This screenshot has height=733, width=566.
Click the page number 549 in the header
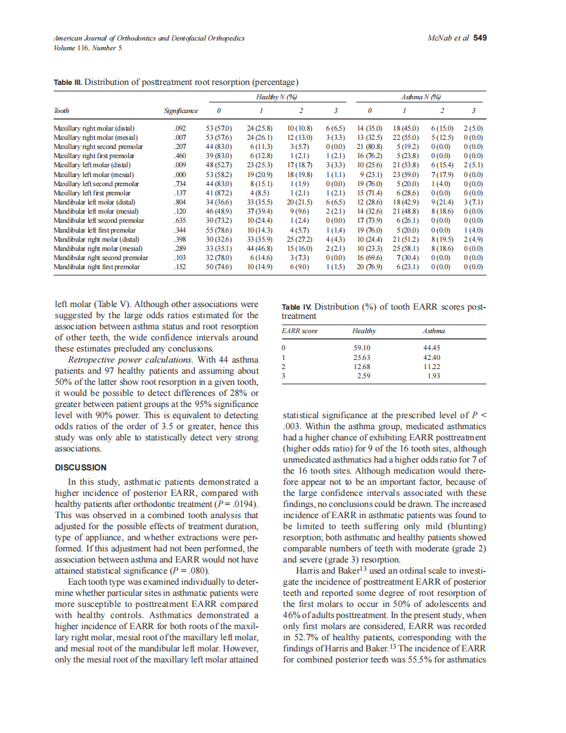pos(480,37)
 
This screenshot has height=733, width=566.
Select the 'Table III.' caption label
pos(68,83)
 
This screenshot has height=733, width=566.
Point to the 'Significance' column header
pos(181,111)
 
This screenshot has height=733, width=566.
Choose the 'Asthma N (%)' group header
pos(420,97)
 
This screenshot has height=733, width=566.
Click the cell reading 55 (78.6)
pos(219,230)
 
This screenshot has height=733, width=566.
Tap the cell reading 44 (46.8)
pos(260,248)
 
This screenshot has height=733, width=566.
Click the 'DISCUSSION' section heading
pos(80,467)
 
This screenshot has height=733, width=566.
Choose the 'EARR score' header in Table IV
pos(299,331)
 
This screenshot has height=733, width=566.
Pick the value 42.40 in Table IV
pos(432,357)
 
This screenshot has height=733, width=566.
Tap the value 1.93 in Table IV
pos(432,376)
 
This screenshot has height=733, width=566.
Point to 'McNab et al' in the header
pos(448,37)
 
